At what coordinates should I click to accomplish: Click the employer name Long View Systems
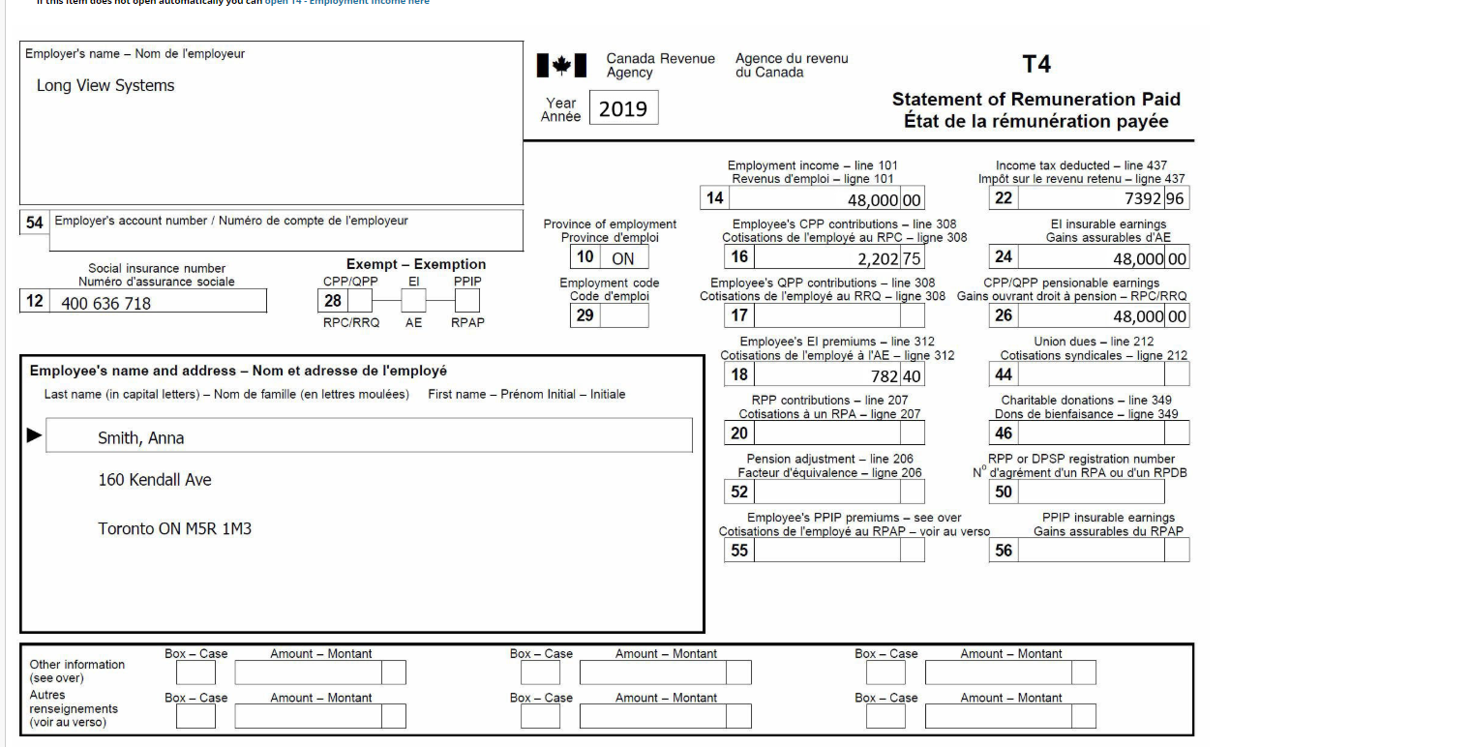click(x=105, y=85)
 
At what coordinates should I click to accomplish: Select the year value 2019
click(x=623, y=108)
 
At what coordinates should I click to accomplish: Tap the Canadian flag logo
click(x=561, y=66)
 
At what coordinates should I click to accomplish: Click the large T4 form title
click(x=1035, y=64)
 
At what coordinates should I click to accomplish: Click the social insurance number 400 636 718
click(x=106, y=304)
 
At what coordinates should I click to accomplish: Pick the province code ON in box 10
click(x=622, y=259)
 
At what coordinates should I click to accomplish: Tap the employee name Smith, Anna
click(x=141, y=438)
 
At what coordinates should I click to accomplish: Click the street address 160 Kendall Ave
click(x=155, y=480)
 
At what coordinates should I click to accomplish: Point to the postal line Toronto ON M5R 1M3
click(x=175, y=529)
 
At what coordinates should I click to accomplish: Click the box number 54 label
click(x=34, y=222)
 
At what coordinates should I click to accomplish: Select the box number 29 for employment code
click(x=585, y=315)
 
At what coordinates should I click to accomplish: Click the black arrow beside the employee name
click(x=34, y=436)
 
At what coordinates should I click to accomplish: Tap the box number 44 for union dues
click(x=1004, y=374)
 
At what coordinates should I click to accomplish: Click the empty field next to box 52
click(x=825, y=492)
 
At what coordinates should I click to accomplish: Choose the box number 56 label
click(x=1004, y=551)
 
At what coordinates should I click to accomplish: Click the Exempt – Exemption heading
click(x=416, y=264)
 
